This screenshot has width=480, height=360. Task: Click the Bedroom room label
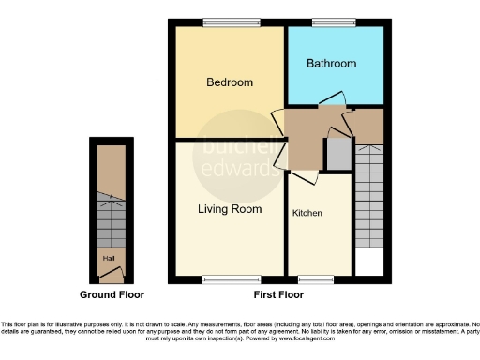click(x=230, y=82)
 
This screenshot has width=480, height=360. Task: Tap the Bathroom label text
click(x=332, y=64)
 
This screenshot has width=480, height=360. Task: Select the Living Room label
click(x=229, y=208)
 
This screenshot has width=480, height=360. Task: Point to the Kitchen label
click(x=307, y=213)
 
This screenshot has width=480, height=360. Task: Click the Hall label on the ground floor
click(x=110, y=253)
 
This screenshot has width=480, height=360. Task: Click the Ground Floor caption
click(x=111, y=294)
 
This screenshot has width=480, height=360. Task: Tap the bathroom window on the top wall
click(x=329, y=22)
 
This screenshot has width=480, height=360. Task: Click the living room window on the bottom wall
click(x=221, y=278)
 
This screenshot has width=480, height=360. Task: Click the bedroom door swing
click(x=278, y=125)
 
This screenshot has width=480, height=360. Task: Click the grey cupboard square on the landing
click(x=335, y=154)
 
